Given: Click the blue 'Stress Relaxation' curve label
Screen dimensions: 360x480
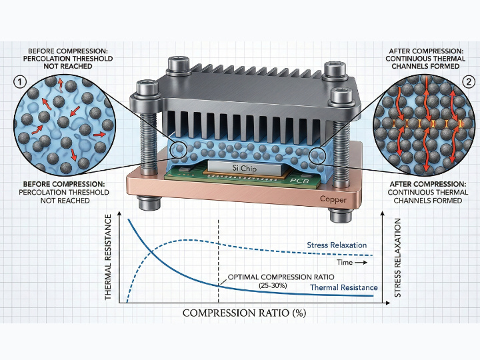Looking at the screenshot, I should (337, 245).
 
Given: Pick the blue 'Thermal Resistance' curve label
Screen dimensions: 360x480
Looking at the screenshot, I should (344, 287).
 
